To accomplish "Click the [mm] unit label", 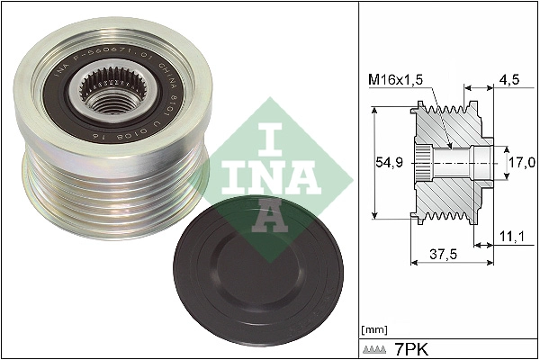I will [372, 328].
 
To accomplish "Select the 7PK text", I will [413, 347].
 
